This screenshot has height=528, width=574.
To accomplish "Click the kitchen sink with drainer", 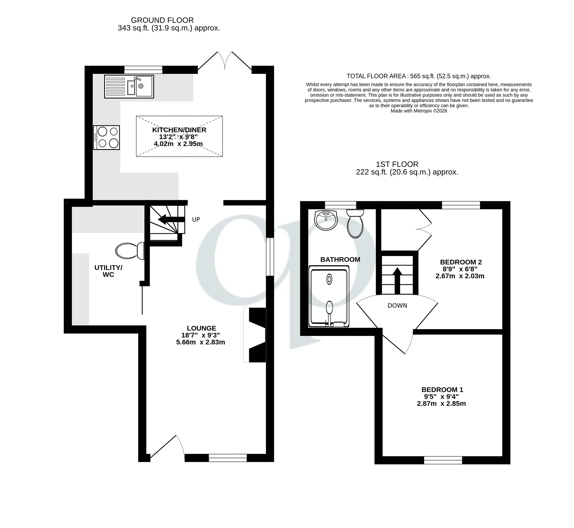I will tap(129, 87).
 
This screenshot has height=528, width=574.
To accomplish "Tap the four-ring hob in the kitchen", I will tap(106, 137).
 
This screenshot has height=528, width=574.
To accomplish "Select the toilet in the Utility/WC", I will tap(130, 251).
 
